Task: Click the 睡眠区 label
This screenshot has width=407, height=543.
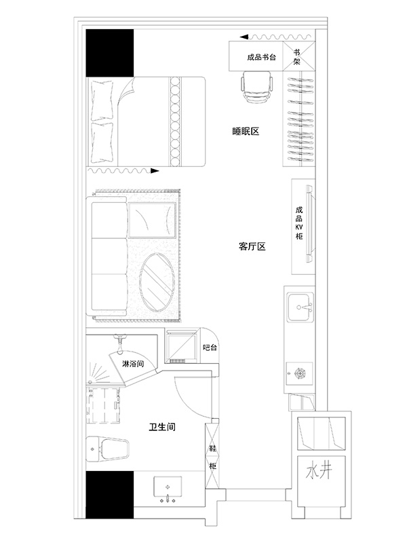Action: coord(246,131)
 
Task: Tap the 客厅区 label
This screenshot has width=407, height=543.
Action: coord(252,246)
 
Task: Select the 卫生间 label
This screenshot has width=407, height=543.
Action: coord(162,427)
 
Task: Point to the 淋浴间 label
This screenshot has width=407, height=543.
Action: coord(133,364)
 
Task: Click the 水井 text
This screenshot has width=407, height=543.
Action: coord(319,472)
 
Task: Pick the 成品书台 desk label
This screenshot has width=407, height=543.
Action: coord(261,57)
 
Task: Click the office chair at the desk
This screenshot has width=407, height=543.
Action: coord(257,87)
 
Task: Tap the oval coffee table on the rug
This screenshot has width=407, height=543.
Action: coord(157,282)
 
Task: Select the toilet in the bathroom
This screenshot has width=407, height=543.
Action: coord(107,449)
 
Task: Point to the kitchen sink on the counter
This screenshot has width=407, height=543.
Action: coord(301,307)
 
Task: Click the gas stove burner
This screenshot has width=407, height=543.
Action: coord(300,373)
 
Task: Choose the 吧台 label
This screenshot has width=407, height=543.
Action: coord(210,347)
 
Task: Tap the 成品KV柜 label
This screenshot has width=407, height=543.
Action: coord(299,223)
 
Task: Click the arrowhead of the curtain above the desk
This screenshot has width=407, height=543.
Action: coord(244,37)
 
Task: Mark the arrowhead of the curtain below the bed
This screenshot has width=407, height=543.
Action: coord(155,171)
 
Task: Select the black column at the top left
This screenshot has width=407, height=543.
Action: coord(110,53)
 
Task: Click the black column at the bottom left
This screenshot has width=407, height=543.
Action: coord(110,495)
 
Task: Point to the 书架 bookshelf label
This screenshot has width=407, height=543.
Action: coord(297,57)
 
